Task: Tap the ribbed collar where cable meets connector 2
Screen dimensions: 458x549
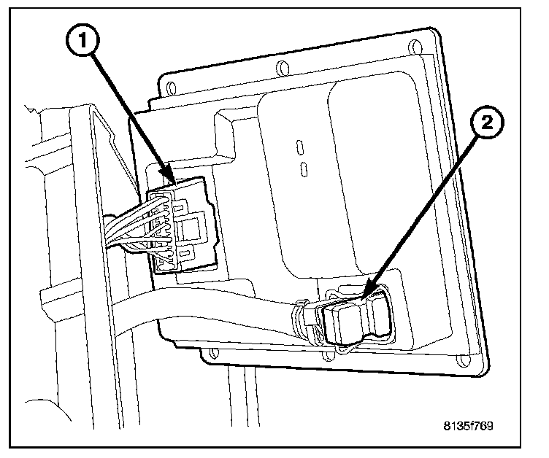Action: (302, 322)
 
